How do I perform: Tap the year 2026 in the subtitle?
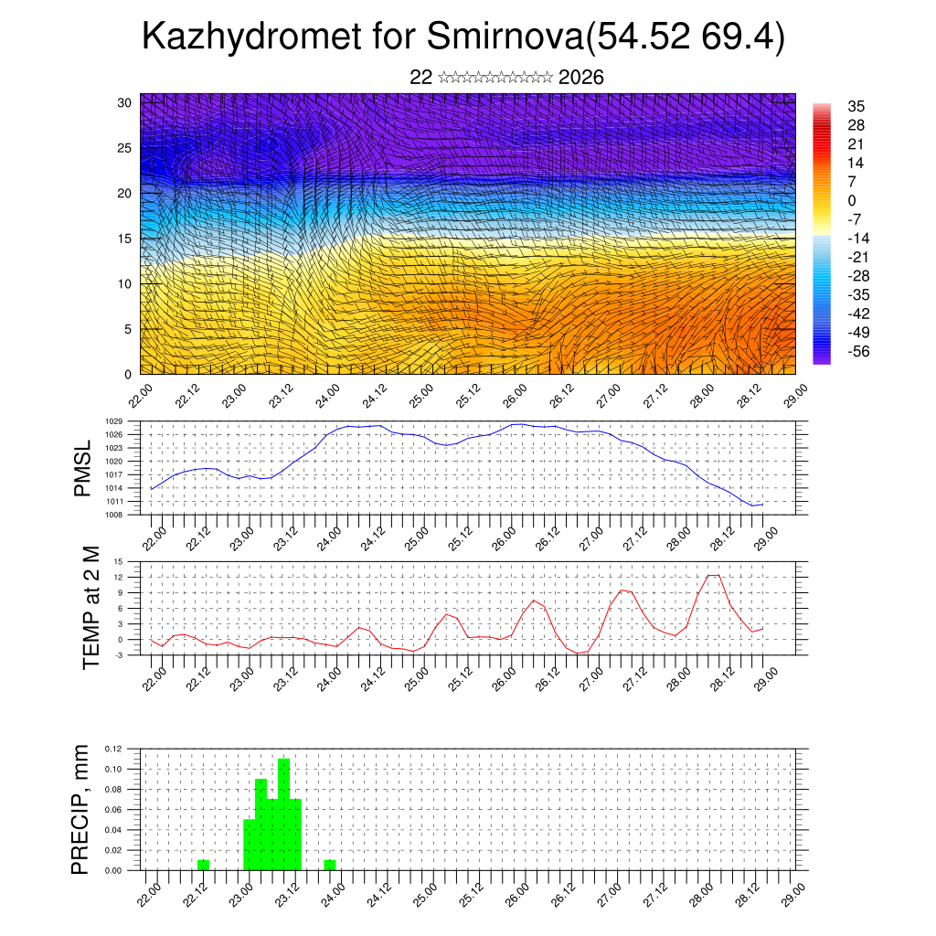tap(580, 78)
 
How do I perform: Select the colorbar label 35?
tap(856, 106)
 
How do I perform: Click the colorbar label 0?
tap(853, 200)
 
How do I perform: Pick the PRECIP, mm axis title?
tap(82, 810)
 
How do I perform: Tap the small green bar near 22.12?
tap(203, 865)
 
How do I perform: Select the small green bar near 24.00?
tap(330, 865)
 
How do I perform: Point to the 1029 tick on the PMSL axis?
tap(114, 421)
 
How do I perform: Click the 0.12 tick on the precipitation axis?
tap(112, 749)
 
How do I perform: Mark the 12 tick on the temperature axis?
tap(118, 577)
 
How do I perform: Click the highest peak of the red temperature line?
tap(714, 575)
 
